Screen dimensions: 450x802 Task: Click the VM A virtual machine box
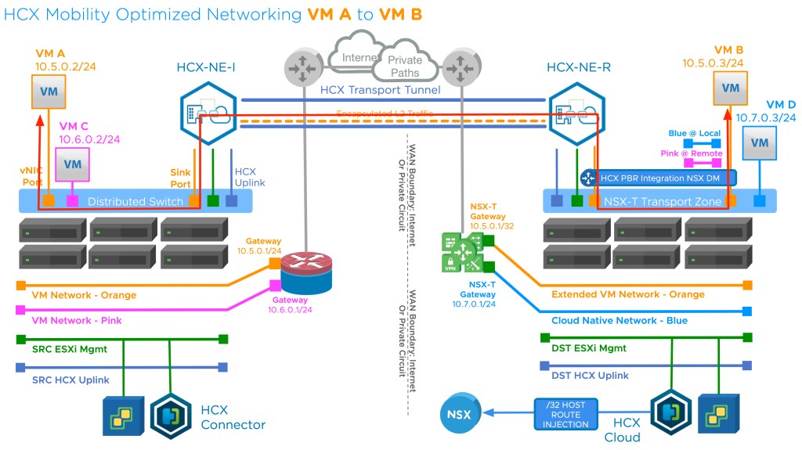coord(49,92)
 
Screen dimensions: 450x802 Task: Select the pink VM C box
coord(73,164)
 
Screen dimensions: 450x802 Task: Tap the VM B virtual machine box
coord(729,88)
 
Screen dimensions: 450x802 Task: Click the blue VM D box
coord(759,142)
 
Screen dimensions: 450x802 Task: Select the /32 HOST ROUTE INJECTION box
coord(566,414)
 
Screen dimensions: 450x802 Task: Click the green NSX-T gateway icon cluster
coord(462,251)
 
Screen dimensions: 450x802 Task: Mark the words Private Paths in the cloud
coord(405,66)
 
